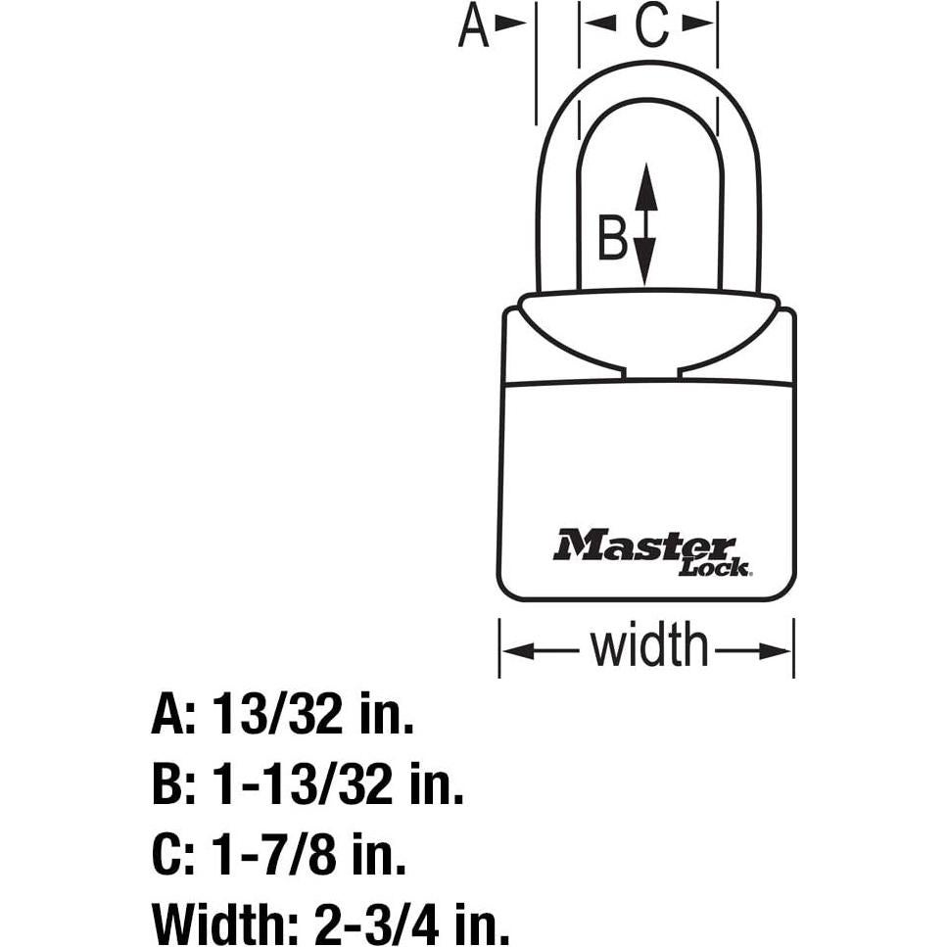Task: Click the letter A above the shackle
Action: click(474, 25)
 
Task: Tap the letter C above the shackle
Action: click(650, 25)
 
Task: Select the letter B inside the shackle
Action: click(612, 238)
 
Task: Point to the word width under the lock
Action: click(647, 647)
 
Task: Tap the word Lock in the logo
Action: click(715, 567)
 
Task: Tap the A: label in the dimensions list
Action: click(174, 718)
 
